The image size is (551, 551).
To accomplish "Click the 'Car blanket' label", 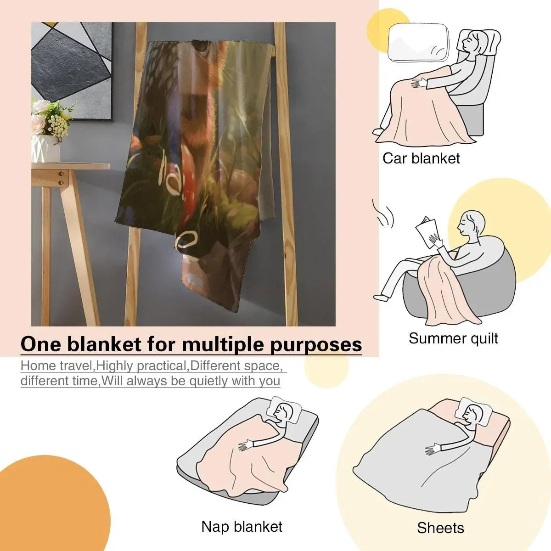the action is click(x=421, y=158).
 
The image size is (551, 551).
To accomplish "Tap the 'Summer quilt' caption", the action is click(x=453, y=338).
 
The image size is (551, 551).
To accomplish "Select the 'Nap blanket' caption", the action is click(x=242, y=526).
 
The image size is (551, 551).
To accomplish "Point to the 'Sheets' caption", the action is click(x=440, y=528).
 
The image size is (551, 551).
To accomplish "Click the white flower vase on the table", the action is click(x=46, y=148).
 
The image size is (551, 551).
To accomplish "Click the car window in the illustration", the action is click(x=418, y=43).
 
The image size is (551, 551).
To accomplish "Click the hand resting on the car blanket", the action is click(x=419, y=83).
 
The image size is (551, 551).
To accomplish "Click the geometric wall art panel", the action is click(x=71, y=72).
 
